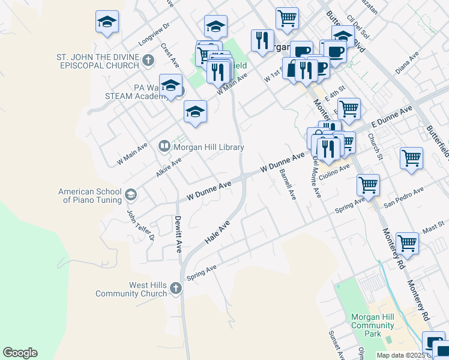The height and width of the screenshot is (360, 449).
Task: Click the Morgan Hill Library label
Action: (208, 147)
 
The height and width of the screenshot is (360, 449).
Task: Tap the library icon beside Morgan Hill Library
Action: (164, 146)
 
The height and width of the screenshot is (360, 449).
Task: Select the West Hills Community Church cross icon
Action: (175, 289)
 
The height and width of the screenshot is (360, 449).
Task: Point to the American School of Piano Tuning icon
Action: (131, 194)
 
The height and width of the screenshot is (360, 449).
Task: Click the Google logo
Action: (20, 353)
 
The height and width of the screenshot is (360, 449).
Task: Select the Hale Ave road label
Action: (217, 232)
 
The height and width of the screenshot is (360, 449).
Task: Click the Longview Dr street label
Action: (154, 34)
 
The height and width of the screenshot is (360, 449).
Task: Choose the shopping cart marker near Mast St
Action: (407, 244)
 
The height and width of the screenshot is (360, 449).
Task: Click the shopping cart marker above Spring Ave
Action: (368, 185)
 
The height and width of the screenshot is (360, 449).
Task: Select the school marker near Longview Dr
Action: (106, 23)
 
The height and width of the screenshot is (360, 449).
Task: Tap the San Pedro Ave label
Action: (404, 196)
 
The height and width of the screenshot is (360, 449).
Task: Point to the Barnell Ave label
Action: (288, 184)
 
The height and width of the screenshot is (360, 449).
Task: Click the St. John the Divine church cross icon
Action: (149, 59)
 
